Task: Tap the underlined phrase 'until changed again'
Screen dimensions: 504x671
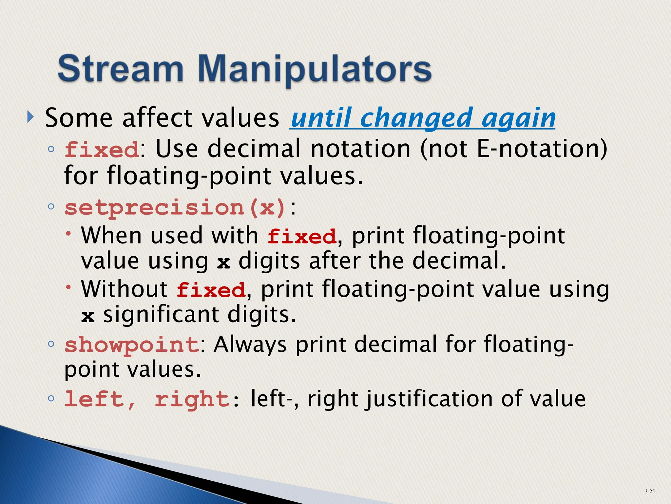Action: click(x=423, y=118)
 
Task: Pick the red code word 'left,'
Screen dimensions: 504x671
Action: click(x=100, y=399)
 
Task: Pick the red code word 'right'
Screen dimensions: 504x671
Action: click(x=192, y=399)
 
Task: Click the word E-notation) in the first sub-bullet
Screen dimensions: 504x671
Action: click(x=542, y=149)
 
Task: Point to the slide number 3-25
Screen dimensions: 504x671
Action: click(x=649, y=491)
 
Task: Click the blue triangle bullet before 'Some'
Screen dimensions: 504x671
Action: click(x=30, y=116)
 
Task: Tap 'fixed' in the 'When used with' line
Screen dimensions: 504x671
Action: click(x=302, y=236)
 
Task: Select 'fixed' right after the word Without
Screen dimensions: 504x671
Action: click(x=211, y=290)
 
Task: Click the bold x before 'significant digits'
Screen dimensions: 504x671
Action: click(x=88, y=316)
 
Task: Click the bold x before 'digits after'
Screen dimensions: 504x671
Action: click(x=223, y=262)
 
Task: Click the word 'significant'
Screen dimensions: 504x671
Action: click(x=161, y=315)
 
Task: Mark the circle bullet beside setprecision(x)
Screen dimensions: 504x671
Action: click(x=51, y=207)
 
